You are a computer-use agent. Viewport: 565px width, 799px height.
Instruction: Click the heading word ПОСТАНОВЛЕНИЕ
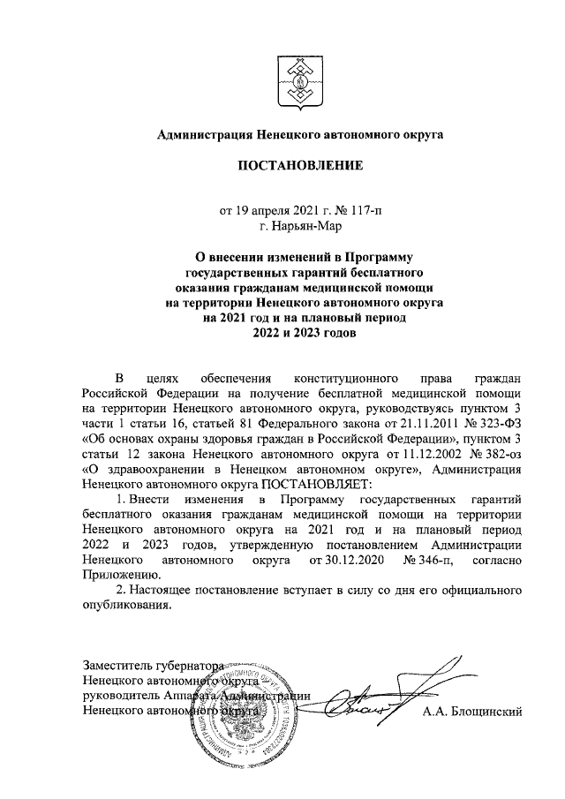coord(298,165)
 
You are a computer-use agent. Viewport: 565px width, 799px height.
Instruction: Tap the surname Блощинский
coord(473,711)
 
